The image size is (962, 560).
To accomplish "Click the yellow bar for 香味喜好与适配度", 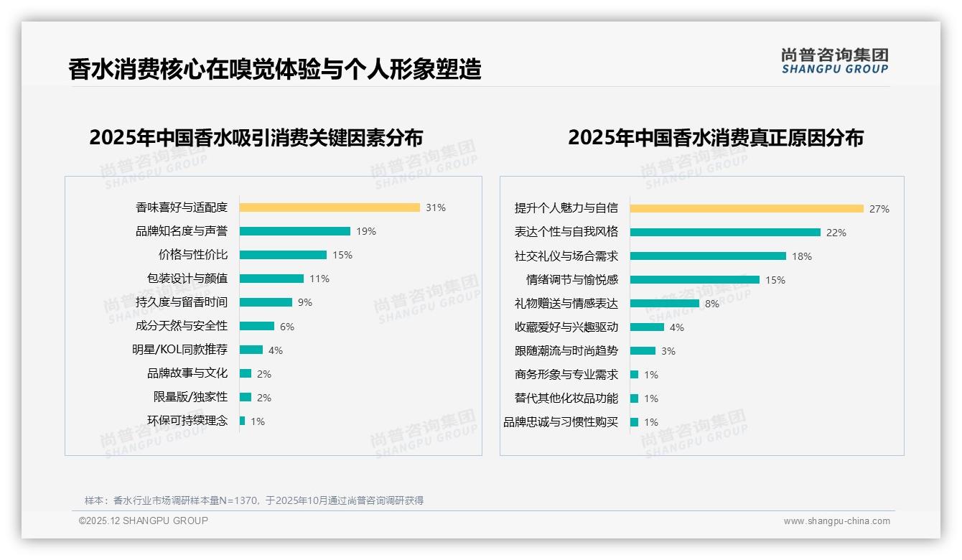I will (x=330, y=207).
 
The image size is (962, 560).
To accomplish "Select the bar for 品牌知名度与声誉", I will (x=295, y=231).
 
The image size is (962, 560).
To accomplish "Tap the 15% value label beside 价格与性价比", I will (x=342, y=255).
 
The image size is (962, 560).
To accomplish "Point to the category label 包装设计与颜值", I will (x=187, y=279).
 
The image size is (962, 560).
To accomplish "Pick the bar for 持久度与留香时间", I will (x=266, y=302).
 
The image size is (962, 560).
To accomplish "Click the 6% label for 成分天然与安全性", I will (x=287, y=326).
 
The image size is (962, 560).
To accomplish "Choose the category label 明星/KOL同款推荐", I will (x=179, y=350).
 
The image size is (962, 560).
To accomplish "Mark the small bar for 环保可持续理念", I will (x=242, y=421).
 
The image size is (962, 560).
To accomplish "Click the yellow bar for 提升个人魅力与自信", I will (x=747, y=208).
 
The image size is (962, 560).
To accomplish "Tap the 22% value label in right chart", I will (x=836, y=233).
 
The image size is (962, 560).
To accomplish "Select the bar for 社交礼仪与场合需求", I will (x=708, y=256).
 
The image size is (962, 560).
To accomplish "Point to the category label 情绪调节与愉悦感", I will (x=572, y=279).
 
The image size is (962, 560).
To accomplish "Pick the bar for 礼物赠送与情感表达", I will (x=665, y=303).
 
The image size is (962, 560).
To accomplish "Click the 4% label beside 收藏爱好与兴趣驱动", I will (x=677, y=327).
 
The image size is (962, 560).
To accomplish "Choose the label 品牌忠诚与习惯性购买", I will (x=561, y=422).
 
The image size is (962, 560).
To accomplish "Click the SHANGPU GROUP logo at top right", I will (x=835, y=61).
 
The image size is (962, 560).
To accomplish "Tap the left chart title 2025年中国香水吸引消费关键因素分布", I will (x=256, y=137).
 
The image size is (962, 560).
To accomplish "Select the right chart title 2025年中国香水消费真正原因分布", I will (x=716, y=137).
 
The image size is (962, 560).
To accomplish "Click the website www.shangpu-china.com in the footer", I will (x=836, y=521).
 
